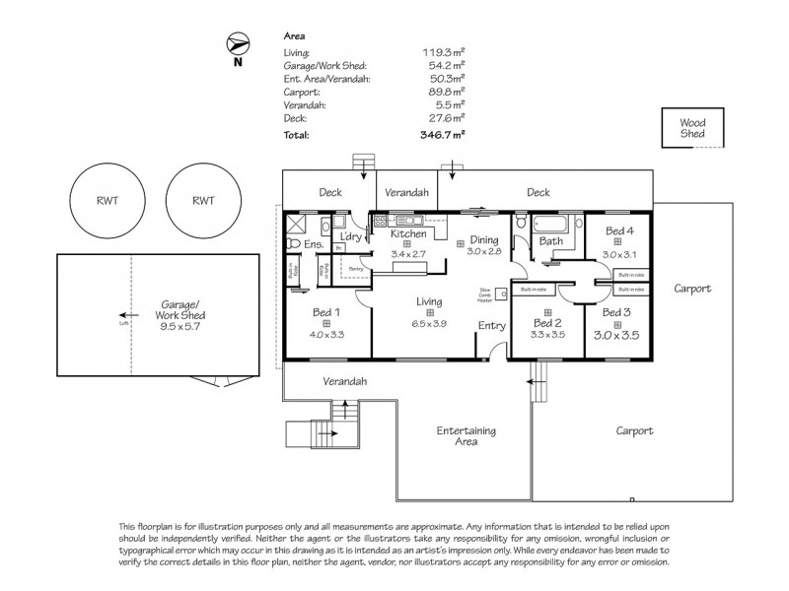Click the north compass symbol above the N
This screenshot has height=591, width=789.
tap(236, 44)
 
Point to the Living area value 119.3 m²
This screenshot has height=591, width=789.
tap(443, 53)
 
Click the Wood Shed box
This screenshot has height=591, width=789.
tap(691, 129)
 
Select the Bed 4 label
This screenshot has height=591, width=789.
tap(619, 230)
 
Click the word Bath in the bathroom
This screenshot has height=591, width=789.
tap(550, 240)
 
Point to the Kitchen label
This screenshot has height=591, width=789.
tap(407, 234)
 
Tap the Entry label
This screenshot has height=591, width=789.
tap(490, 326)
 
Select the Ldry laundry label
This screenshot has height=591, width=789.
tap(350, 236)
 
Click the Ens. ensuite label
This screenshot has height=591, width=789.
tap(314, 244)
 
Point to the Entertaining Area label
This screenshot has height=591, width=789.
tap(467, 436)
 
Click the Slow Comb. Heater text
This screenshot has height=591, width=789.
tap(485, 295)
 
